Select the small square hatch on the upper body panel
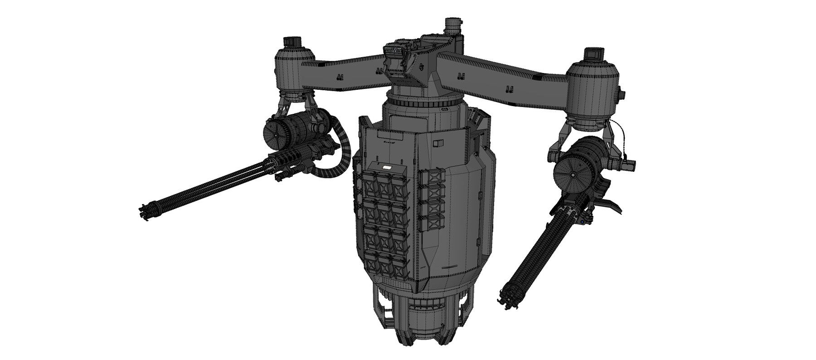(437, 144)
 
